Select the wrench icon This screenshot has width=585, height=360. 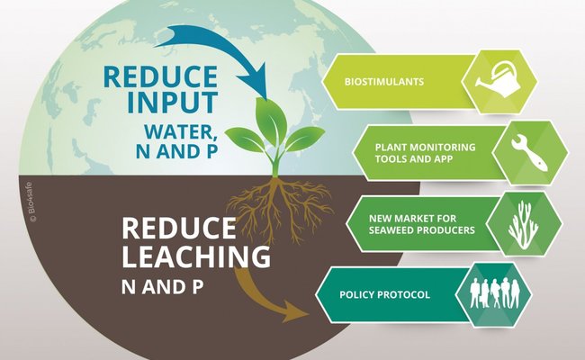(x=530, y=153)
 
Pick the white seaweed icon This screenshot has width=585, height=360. (x=523, y=225)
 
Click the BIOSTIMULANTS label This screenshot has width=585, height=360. (x=384, y=82)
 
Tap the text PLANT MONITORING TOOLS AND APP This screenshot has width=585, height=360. (x=426, y=153)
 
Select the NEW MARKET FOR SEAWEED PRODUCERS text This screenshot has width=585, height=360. (x=422, y=224)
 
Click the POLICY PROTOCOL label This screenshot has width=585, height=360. (x=384, y=294)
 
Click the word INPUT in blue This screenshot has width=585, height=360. (x=173, y=102)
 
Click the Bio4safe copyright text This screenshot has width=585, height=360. (x=31, y=202)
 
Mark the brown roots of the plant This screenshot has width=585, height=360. (x=278, y=209)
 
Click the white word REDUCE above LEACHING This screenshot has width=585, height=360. (x=179, y=228)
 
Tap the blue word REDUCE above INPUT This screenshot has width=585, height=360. (x=161, y=76)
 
